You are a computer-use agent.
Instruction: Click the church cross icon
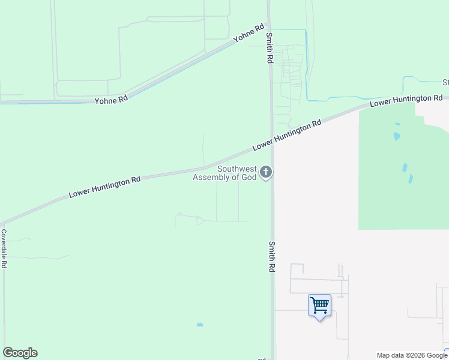266,173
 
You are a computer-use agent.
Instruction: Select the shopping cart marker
319,305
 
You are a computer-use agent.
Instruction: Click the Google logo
20,353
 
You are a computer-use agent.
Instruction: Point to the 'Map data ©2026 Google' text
412,355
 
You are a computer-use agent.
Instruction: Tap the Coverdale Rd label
4,248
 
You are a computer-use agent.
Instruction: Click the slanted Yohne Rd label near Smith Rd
249,32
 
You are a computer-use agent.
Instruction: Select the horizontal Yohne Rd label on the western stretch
111,100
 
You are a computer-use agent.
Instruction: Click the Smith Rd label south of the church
272,257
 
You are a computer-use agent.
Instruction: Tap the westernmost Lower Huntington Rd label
104,187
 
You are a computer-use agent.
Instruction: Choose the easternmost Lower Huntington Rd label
406,100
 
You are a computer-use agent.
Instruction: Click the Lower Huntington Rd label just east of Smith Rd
287,135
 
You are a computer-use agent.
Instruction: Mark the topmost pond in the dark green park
397,136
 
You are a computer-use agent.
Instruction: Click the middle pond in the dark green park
405,167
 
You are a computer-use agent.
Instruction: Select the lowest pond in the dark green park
411,178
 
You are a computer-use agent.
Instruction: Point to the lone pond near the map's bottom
200,325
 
